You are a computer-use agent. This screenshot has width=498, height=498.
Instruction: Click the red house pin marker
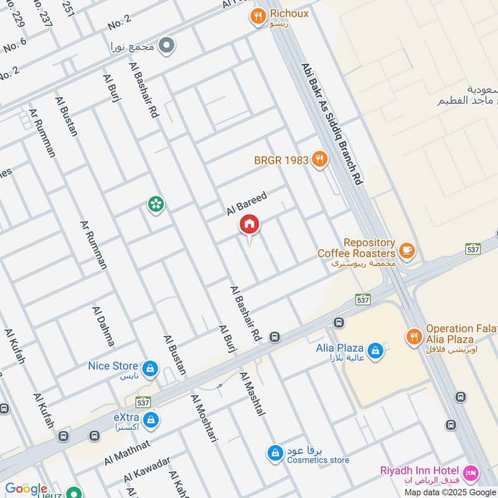pyautogui.click(x=250, y=225)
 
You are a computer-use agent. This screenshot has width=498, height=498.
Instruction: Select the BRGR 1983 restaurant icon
pyautogui.click(x=320, y=160)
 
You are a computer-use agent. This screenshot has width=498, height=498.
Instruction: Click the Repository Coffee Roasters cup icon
pyautogui.click(x=407, y=250)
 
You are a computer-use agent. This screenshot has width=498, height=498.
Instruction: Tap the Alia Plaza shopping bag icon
pyautogui.click(x=375, y=351)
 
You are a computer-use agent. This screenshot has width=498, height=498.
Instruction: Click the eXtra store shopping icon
pyautogui.click(x=150, y=421)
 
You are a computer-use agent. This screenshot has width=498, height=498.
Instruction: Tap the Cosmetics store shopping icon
pyautogui.click(x=275, y=453)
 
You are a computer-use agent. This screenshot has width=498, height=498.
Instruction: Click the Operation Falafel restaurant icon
pyautogui.click(x=413, y=337)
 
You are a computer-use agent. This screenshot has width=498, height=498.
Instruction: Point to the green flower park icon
pyautogui.click(x=155, y=204)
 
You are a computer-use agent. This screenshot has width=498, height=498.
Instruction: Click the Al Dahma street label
pyautogui.click(x=103, y=326)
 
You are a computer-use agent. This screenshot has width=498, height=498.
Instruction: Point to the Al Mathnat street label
pyautogui.click(x=127, y=453)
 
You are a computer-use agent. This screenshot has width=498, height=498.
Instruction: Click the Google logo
pyautogui.click(x=26, y=489)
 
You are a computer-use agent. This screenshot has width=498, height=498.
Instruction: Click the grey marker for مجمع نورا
pyautogui.click(x=166, y=45)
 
